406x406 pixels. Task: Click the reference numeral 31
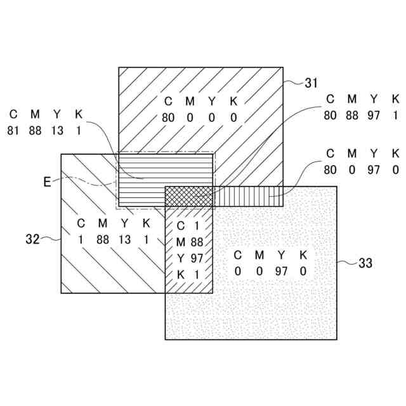tap(311, 82)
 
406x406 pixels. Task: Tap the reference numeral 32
tap(33, 239)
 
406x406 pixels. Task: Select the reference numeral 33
tap(365, 262)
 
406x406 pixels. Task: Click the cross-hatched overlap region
tap(188, 196)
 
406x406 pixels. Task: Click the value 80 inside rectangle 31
tap(168, 117)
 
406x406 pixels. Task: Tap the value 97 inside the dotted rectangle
tap(281, 272)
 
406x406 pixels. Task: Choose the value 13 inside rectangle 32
tap(125, 239)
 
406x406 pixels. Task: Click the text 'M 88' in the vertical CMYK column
tap(189, 242)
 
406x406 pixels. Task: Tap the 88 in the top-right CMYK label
tap(352, 115)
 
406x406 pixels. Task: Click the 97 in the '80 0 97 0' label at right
tap(374, 169)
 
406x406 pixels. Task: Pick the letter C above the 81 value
tap(13, 114)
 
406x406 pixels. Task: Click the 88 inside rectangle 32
tap(102, 239)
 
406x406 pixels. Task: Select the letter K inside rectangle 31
tap(233, 101)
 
